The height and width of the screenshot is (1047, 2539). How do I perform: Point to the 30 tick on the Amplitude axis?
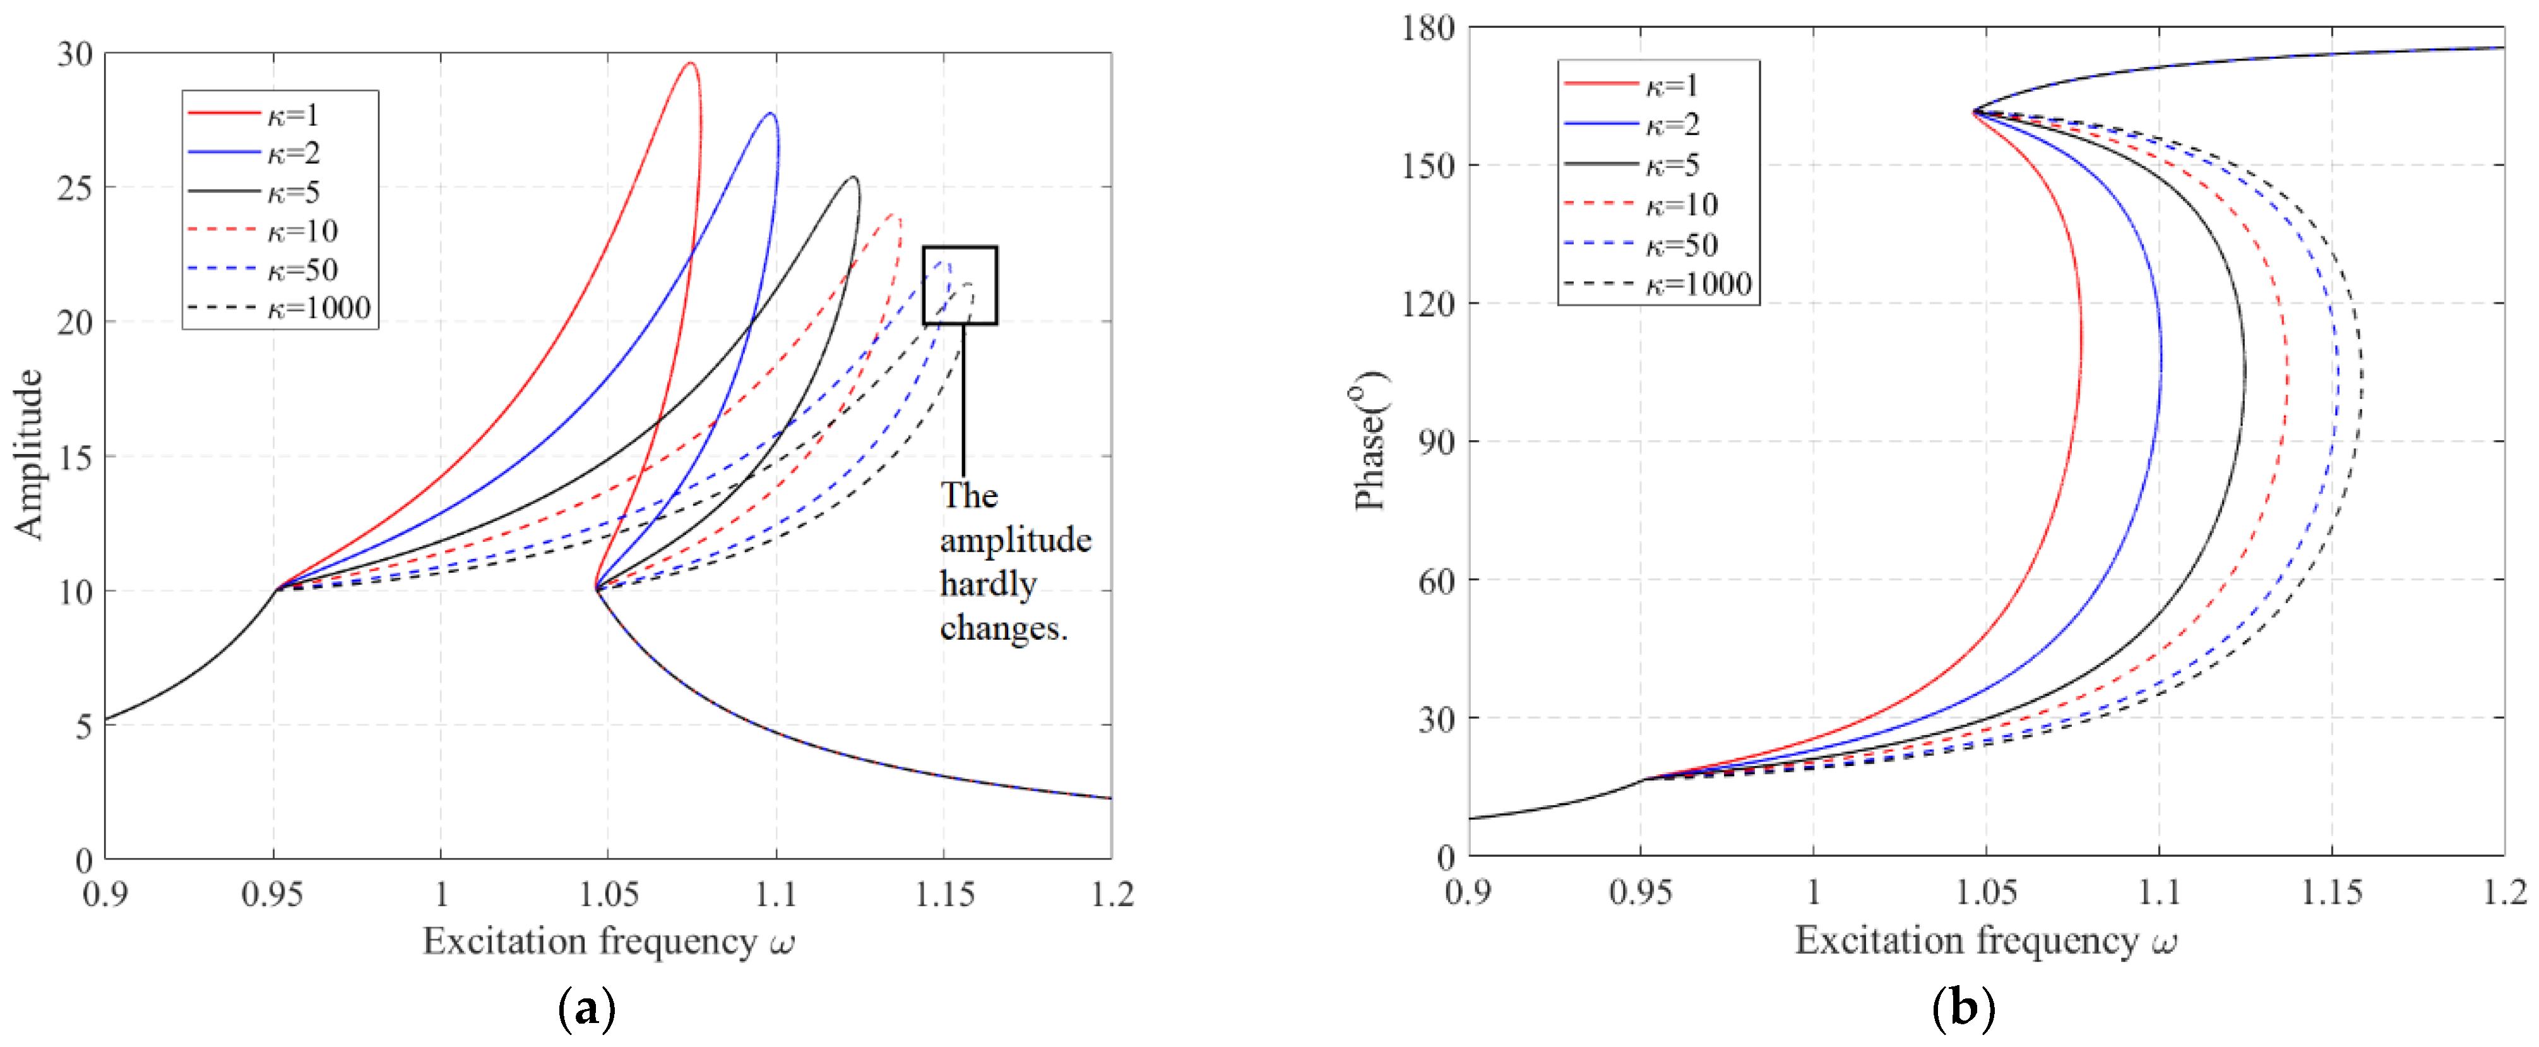75,54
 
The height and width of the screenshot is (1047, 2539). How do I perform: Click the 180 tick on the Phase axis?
1428,28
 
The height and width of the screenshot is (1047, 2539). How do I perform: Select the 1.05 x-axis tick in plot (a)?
608,894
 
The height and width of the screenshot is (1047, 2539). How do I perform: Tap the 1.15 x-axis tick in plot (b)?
2332,892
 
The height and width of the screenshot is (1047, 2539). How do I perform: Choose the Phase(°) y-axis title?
1370,441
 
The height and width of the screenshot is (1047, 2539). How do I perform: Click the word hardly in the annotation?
987,583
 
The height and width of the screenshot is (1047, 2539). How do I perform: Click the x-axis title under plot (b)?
1985,940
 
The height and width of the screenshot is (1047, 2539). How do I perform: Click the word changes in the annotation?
1002,628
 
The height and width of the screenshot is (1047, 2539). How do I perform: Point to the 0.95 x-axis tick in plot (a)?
273,894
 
